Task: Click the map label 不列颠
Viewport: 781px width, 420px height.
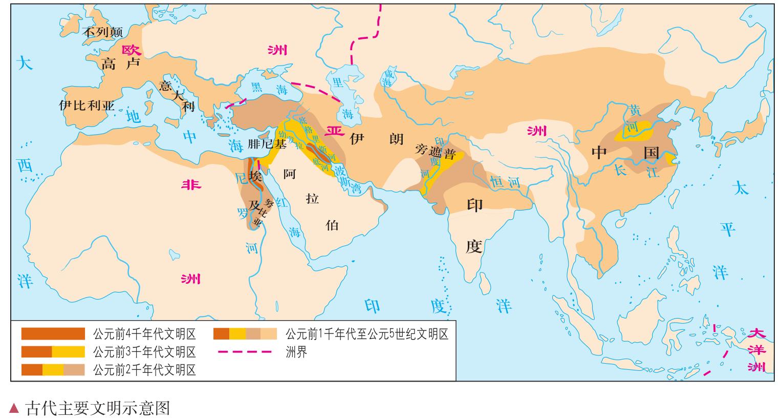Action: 103,32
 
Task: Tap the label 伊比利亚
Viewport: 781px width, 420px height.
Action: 87,106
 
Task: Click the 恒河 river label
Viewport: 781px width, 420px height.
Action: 505,181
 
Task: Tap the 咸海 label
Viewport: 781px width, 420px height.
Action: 388,78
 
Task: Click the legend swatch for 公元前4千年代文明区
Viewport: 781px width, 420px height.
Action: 53,334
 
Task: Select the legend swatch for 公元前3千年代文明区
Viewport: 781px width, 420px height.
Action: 53,352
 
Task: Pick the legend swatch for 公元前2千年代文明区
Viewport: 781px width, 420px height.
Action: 53,369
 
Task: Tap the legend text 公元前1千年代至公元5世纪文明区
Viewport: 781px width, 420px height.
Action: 366,334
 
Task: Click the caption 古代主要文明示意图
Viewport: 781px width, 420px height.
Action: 97,408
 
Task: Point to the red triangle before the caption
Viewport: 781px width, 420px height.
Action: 14,408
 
